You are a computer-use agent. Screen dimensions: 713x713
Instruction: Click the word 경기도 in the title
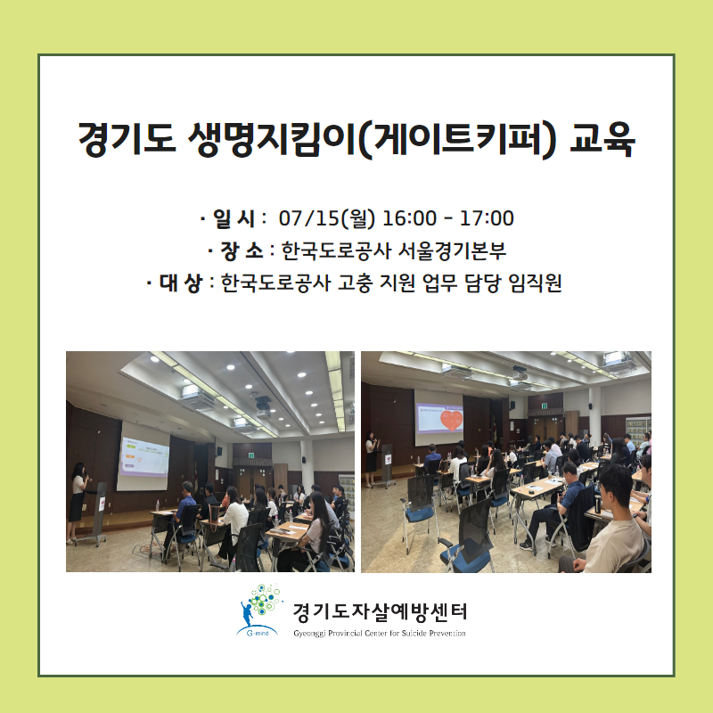tap(127, 139)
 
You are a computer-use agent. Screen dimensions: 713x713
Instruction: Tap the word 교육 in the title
tap(602, 139)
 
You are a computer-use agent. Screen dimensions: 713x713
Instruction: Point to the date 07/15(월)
tap(327, 218)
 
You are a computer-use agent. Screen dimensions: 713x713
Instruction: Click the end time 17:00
tap(487, 218)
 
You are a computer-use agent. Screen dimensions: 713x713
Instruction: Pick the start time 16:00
tap(409, 218)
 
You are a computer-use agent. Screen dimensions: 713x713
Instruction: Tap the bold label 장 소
tap(242, 251)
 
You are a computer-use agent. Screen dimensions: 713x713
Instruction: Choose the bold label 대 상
tap(181, 283)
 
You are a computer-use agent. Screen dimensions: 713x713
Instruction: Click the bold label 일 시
tap(234, 218)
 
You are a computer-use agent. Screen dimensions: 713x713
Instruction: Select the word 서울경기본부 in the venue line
tap(452, 251)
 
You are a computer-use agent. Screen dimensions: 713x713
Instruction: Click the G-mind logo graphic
tap(259, 611)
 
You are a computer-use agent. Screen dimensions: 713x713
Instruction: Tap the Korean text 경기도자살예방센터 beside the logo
tap(380, 612)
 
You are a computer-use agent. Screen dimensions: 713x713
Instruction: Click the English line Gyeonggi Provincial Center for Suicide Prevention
tap(380, 633)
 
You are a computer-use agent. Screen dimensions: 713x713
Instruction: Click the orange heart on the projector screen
tap(451, 420)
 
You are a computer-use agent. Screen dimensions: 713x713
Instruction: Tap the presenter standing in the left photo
tap(78, 502)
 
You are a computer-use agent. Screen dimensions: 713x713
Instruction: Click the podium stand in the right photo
tap(388, 465)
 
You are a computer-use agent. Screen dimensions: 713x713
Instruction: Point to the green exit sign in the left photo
tap(252, 454)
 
